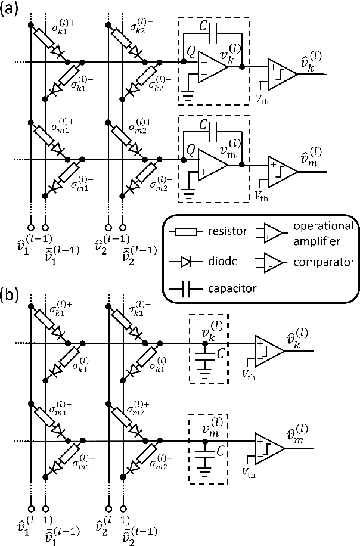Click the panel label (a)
click(x=11, y=10)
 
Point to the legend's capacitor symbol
click(x=185, y=288)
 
